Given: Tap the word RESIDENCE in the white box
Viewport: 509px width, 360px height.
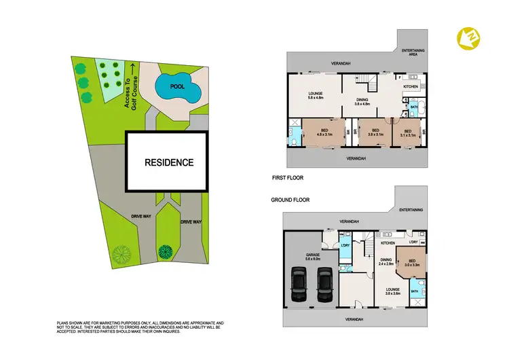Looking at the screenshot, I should click(168, 162).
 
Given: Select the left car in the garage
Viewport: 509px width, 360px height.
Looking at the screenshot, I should click(298, 284).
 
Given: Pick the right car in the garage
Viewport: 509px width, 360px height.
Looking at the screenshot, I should click(325, 284).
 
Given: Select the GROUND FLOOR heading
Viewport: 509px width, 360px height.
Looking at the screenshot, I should click(290, 200).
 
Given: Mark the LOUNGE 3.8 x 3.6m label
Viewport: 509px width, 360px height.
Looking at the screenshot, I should click(392, 291).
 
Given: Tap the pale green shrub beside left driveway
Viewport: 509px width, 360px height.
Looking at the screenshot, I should click(121, 255).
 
